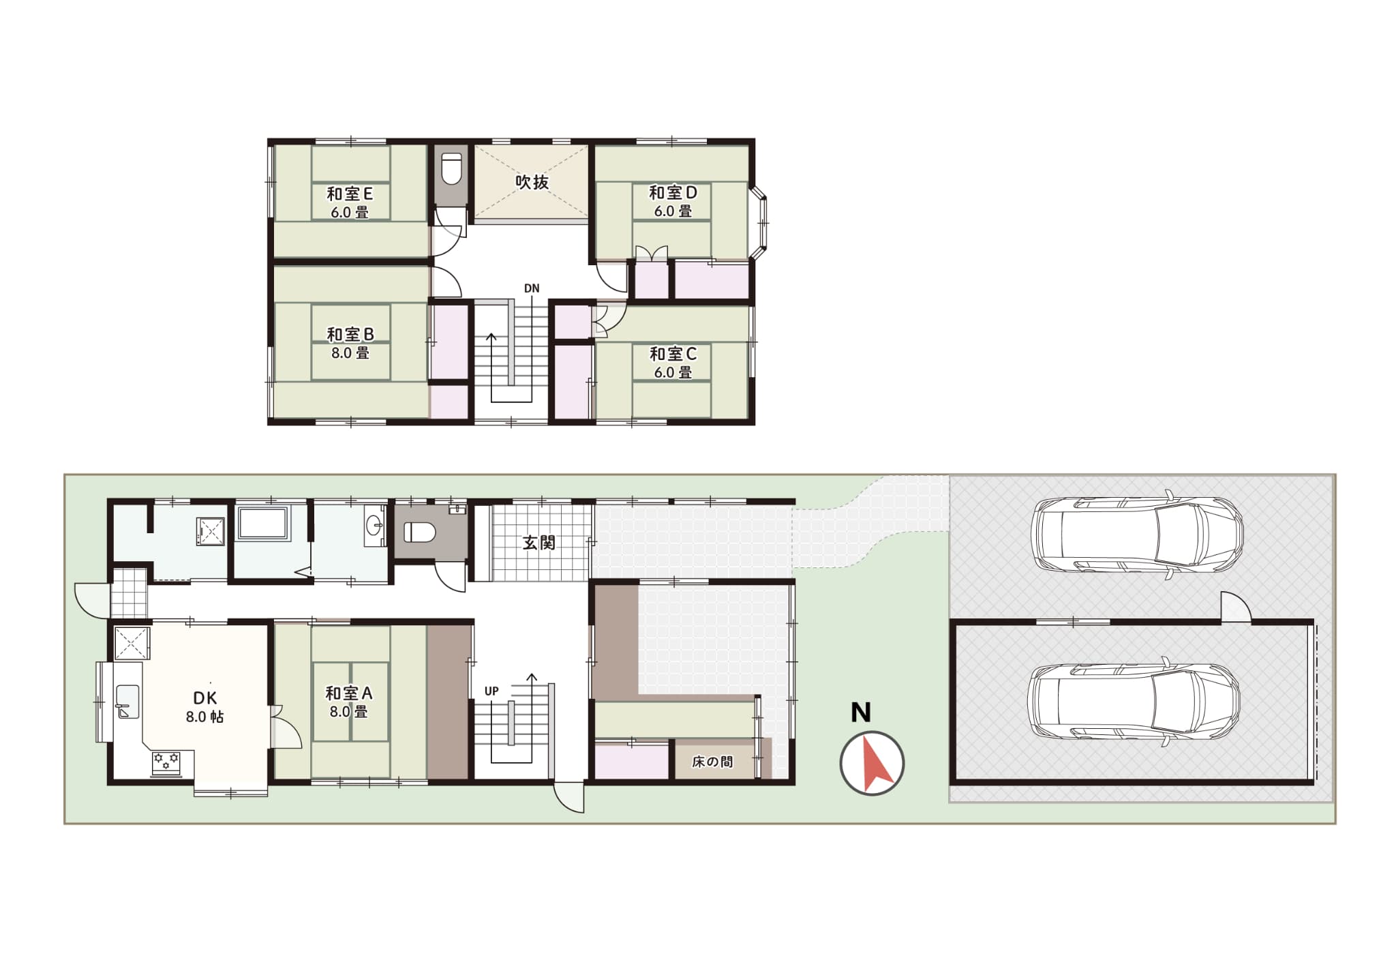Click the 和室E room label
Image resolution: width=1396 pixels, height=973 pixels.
tap(350, 194)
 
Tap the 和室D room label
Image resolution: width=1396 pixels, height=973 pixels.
tap(673, 192)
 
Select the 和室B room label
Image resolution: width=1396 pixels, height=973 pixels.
tap(350, 334)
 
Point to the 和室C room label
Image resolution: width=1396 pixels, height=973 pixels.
tap(673, 354)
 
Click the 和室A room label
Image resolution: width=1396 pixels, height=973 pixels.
tap(349, 693)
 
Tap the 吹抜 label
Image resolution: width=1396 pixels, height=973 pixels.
tap(532, 182)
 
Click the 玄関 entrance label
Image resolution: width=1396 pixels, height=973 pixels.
tap(538, 543)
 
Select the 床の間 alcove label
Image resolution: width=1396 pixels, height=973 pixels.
tap(712, 762)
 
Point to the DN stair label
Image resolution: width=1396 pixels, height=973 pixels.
tap(532, 288)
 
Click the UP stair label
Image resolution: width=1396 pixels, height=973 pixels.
tap(491, 691)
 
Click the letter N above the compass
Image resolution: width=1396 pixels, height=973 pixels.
tap(861, 713)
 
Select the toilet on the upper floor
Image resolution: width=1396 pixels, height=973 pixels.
tap(451, 168)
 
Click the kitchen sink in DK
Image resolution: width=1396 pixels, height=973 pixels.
tap(127, 702)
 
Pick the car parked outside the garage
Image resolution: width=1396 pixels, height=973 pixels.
tap(1137, 534)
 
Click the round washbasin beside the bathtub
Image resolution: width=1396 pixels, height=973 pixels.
tap(375, 526)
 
